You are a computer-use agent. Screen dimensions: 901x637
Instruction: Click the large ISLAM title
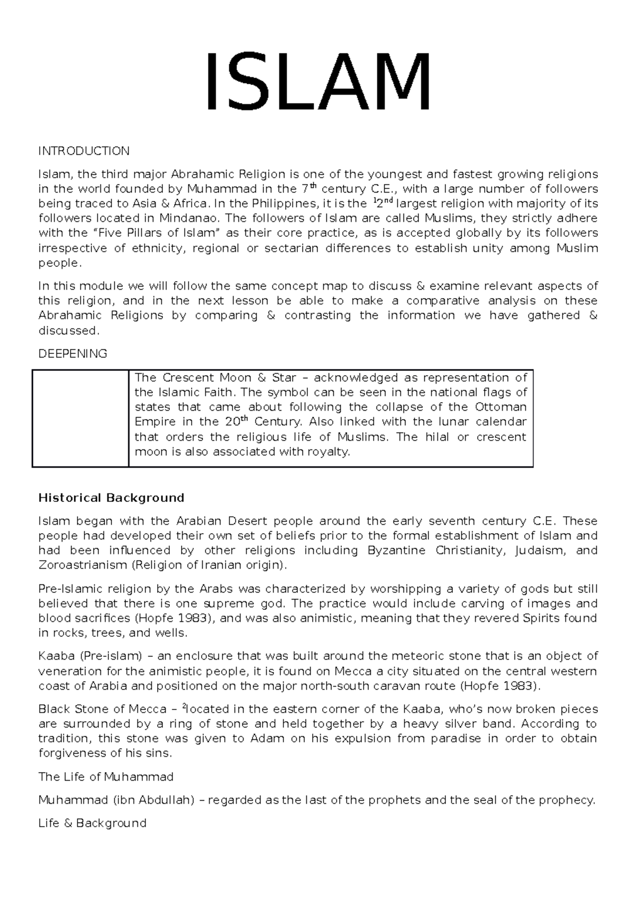click(318, 82)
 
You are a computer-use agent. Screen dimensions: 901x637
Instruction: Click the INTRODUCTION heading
click(83, 151)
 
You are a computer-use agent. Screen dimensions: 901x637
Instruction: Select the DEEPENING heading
click(73, 354)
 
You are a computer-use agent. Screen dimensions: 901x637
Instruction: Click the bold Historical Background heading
click(111, 498)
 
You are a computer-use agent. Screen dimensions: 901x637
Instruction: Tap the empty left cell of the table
click(80, 418)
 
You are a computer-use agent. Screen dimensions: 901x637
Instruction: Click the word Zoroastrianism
click(82, 565)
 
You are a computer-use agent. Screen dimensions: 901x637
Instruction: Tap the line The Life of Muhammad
click(106, 777)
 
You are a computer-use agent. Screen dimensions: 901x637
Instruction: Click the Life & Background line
click(92, 823)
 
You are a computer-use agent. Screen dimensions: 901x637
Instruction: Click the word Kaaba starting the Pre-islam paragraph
click(55, 656)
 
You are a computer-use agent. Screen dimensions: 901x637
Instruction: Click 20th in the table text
click(236, 422)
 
